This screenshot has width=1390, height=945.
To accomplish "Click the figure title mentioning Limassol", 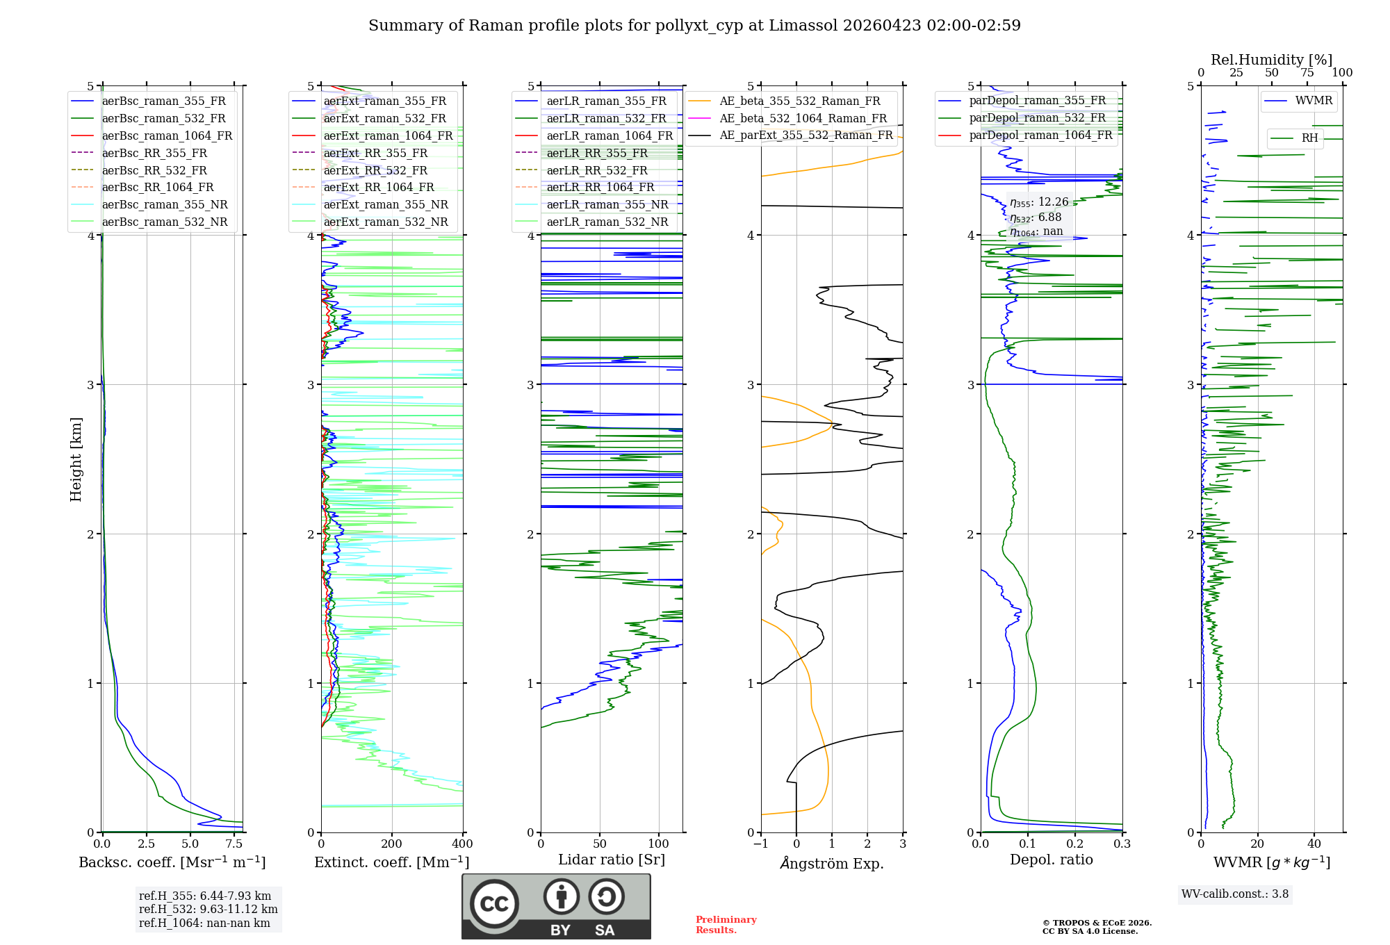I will [x=694, y=26].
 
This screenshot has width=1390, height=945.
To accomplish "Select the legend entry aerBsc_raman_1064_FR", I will [x=167, y=135].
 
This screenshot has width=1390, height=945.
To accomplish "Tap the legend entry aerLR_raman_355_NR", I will [x=607, y=204].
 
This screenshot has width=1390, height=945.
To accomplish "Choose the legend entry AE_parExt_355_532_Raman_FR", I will [x=806, y=135].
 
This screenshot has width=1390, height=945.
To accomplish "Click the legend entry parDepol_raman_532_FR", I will [x=1037, y=117].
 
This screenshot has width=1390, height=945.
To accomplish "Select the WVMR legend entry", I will [x=1313, y=101].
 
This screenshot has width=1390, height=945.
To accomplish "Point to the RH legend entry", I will [x=1309, y=138].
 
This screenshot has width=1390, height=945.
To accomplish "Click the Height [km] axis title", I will [x=76, y=459].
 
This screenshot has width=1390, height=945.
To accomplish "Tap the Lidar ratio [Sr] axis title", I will [x=611, y=860].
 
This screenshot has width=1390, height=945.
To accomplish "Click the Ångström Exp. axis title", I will [x=831, y=863].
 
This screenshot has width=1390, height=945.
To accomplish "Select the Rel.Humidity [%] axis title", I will [x=1271, y=60].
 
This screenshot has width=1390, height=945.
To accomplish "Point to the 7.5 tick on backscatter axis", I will [x=235, y=844].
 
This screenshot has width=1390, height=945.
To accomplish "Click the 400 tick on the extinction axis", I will [x=463, y=844].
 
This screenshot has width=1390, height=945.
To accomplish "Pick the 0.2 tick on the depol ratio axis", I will [x=1075, y=844].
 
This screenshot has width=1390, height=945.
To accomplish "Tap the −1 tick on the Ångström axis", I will [x=760, y=844].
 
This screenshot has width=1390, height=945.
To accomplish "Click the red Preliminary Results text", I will [x=726, y=924].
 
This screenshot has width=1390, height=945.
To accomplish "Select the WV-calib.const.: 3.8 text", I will [x=1234, y=894].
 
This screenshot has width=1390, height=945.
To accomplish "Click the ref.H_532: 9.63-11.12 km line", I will [x=208, y=909].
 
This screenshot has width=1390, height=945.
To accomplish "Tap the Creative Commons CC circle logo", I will [x=494, y=903].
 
